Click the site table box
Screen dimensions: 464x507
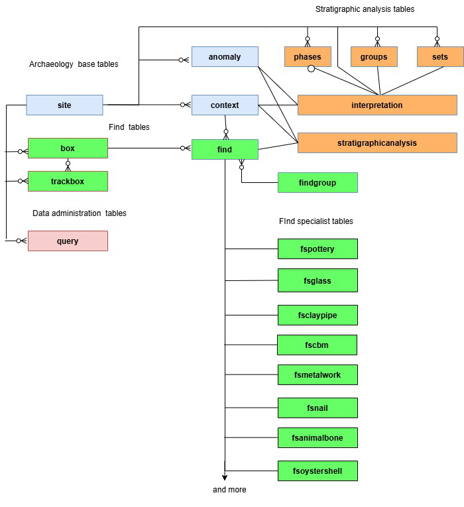point(64,105)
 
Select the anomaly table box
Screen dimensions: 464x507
point(225,56)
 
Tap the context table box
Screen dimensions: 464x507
point(225,105)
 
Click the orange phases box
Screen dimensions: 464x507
point(308,56)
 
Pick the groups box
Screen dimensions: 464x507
point(374,56)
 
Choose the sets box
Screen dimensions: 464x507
point(440,56)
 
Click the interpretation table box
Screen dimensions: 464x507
point(377,105)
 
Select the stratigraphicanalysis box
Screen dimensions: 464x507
point(377,142)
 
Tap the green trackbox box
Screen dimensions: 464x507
point(68,182)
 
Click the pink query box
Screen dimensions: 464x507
point(68,241)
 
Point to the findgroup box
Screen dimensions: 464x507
point(318,183)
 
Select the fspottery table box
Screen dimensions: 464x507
point(318,249)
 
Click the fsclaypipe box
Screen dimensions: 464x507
point(318,315)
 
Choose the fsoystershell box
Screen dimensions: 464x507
point(318,471)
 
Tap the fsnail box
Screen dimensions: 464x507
point(318,408)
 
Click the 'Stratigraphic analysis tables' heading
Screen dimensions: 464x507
point(365,9)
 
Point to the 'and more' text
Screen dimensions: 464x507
point(229,490)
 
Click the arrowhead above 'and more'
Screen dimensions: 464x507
point(225,478)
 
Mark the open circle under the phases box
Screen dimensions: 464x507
point(311,68)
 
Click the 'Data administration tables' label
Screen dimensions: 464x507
point(80,213)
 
